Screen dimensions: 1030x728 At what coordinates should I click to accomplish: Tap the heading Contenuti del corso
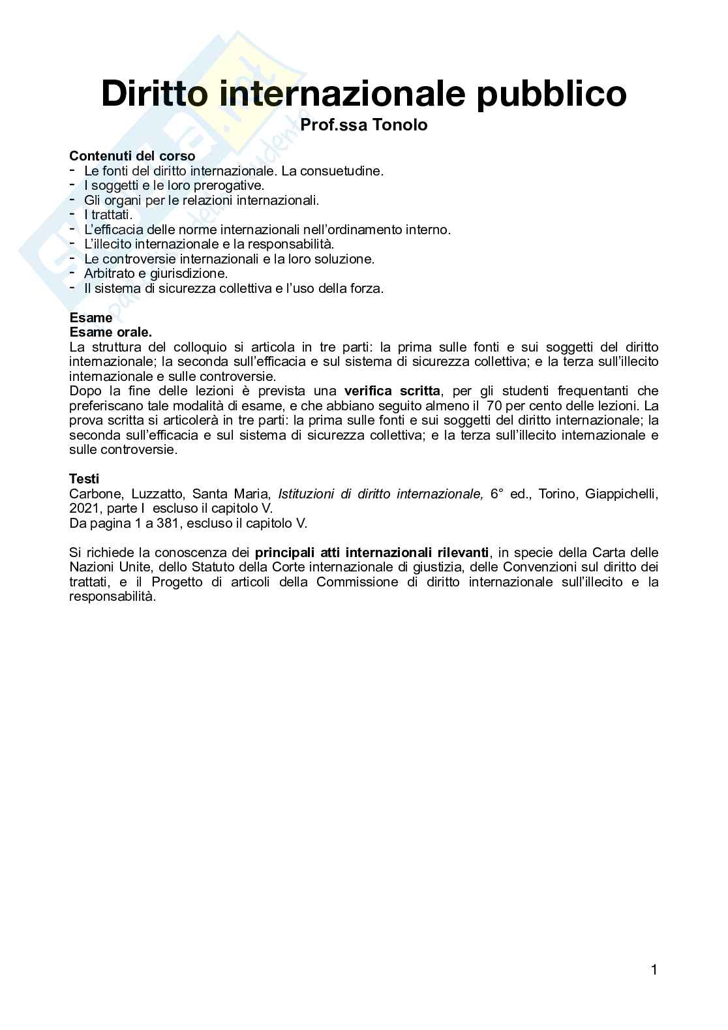[x=132, y=156]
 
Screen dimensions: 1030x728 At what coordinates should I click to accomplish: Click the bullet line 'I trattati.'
[x=108, y=215]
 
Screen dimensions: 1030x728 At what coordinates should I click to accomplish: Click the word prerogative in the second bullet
[x=228, y=185]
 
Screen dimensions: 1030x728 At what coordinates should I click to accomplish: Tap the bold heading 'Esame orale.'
[x=110, y=332]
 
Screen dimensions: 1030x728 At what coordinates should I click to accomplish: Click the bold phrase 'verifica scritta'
[x=392, y=391]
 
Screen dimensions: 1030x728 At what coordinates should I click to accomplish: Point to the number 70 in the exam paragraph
[x=494, y=406]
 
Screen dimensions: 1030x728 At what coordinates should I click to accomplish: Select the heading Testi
[x=84, y=479]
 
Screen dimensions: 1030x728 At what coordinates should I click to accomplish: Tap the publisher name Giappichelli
[x=622, y=494]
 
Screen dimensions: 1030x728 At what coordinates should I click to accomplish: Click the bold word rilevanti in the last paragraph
[x=463, y=553]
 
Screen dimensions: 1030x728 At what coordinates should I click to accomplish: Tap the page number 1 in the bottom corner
[x=654, y=970]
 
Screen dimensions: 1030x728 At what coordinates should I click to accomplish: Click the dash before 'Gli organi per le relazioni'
[x=72, y=199]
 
